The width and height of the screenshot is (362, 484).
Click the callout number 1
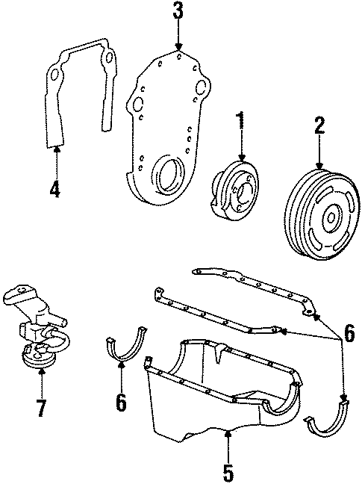click(x=240, y=122)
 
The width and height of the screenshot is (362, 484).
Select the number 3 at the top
click(x=177, y=12)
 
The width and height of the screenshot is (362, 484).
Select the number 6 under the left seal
click(x=120, y=403)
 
